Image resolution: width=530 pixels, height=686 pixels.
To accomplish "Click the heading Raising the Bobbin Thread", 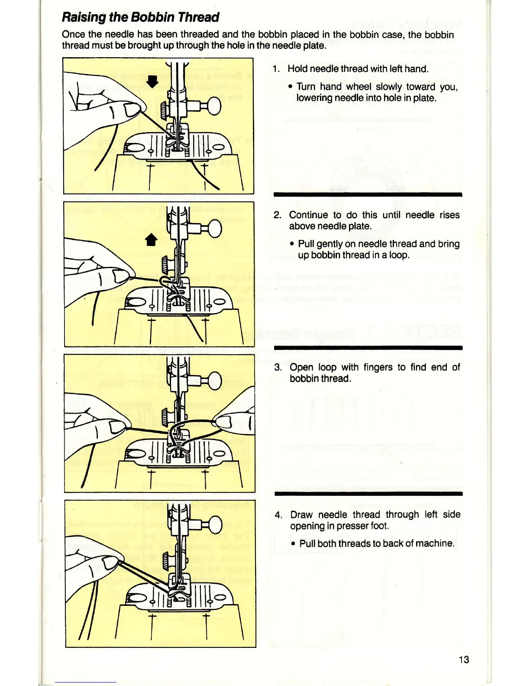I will pyautogui.click(x=140, y=17).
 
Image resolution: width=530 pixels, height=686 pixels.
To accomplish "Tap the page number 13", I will pyautogui.click(x=463, y=660).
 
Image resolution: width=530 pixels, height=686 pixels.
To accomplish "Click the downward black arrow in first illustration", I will pyautogui.click(x=152, y=81).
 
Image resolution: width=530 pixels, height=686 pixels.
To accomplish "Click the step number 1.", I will pyautogui.click(x=276, y=69).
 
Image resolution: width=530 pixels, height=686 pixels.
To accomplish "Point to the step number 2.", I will pyautogui.click(x=278, y=215).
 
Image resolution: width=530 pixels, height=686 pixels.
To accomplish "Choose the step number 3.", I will pyautogui.click(x=278, y=368).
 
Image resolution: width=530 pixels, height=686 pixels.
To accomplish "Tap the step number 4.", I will pyautogui.click(x=278, y=515).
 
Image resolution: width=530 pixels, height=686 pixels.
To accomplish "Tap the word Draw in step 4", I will pyautogui.click(x=301, y=515).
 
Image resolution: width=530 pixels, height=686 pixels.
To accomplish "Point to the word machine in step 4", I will pyautogui.click(x=434, y=544).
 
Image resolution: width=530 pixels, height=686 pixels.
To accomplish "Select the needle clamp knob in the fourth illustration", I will pyautogui.click(x=213, y=522).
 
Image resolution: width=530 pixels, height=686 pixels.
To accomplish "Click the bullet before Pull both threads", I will pyautogui.click(x=294, y=544).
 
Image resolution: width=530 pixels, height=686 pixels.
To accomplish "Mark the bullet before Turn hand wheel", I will pyautogui.click(x=291, y=87).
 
